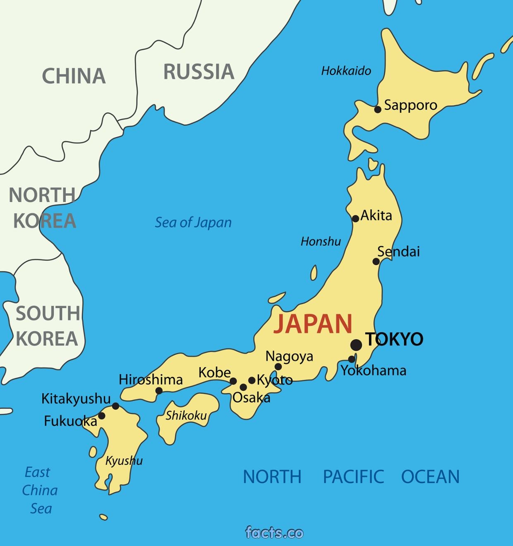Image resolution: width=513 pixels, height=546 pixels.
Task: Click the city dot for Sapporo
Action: click(378, 109)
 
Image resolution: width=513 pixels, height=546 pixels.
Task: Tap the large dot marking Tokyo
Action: click(356, 344)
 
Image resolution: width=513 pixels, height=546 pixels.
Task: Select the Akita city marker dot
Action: click(355, 218)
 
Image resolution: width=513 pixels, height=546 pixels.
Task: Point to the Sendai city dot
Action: click(376, 261)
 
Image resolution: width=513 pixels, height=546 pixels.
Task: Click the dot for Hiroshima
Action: click(159, 390)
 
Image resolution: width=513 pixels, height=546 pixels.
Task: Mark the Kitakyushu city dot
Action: click(116, 406)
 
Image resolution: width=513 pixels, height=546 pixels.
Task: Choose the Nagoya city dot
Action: click(278, 366)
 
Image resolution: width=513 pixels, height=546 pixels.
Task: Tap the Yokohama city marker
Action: click(352, 359)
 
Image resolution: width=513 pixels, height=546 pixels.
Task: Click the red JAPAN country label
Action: click(313, 323)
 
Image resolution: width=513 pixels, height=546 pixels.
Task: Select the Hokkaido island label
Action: click(346, 71)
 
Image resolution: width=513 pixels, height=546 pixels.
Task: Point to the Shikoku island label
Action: click(186, 415)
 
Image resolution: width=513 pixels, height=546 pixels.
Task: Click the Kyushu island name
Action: click(124, 461)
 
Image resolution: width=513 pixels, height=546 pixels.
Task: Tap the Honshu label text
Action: click(321, 242)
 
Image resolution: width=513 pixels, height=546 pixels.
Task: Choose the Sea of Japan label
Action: click(193, 223)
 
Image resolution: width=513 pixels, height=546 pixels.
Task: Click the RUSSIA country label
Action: click(199, 72)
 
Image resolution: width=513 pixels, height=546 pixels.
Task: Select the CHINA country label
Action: click(74, 76)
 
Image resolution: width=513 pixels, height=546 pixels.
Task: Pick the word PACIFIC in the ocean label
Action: click(353, 477)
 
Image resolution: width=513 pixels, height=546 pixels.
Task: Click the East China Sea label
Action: click(40, 490)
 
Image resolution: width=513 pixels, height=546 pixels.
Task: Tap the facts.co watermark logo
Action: click(274, 532)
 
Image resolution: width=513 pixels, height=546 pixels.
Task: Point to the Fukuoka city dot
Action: click(101, 416)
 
